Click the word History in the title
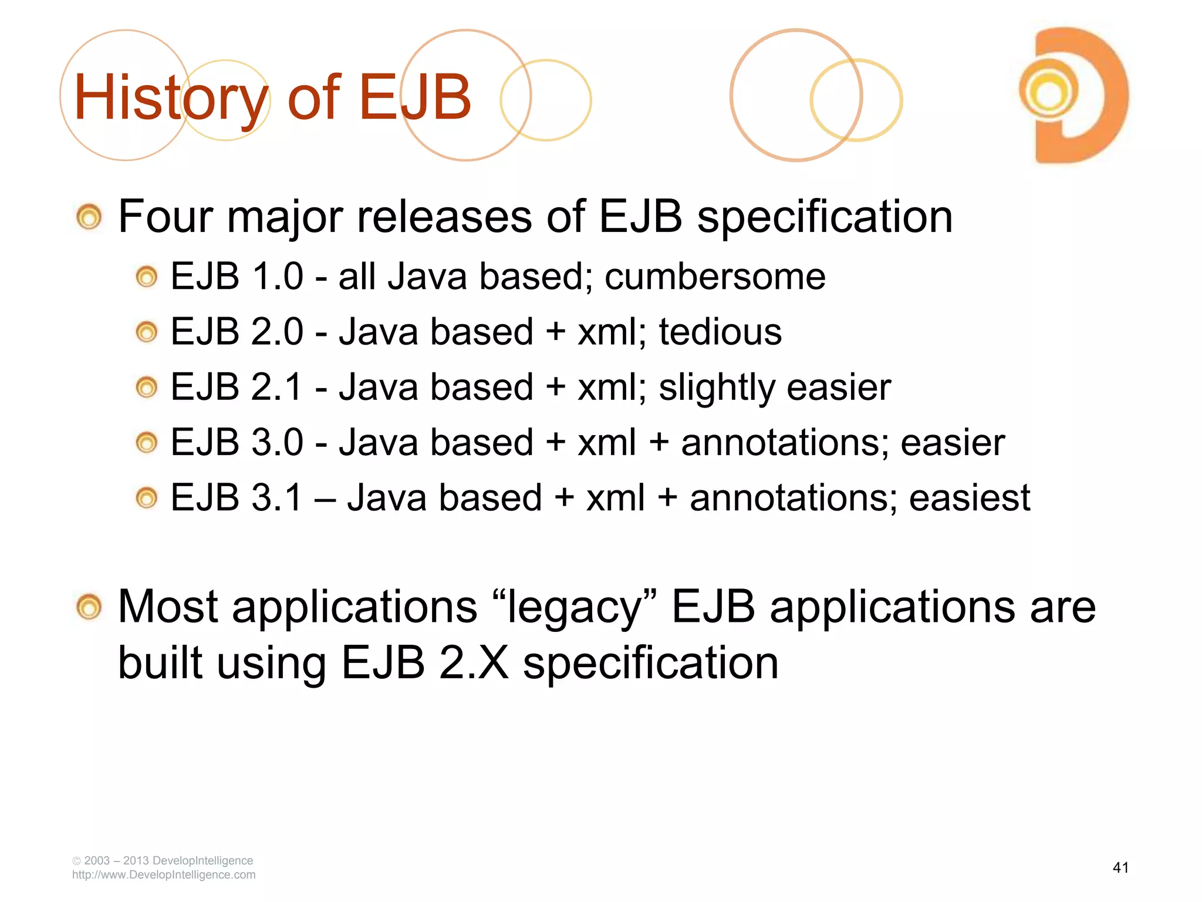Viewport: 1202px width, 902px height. [170, 97]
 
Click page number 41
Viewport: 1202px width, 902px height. [1120, 867]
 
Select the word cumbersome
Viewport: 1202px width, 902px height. [715, 277]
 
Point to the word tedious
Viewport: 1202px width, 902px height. [720, 332]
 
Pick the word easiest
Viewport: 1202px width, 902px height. [970, 498]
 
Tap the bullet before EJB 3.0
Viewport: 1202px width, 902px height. [147, 443]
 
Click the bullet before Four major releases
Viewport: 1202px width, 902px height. [89, 217]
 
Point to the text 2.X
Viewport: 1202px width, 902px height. [474, 663]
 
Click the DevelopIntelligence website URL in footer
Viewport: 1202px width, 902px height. [164, 875]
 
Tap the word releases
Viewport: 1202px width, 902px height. [445, 217]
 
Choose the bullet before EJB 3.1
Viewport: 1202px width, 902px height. [147, 499]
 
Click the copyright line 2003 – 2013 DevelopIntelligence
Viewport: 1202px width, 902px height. [163, 860]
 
